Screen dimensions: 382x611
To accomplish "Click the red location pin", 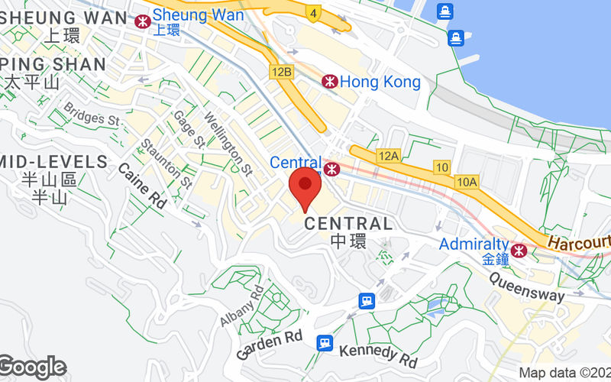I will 305,185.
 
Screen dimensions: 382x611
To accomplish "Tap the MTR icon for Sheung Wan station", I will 141,21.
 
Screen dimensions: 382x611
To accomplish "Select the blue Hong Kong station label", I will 380,81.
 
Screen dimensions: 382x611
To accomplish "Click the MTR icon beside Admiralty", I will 519,249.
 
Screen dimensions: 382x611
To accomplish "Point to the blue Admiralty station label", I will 474,244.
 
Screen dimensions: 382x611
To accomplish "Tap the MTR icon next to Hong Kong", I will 329,81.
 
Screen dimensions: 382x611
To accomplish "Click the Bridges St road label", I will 92,115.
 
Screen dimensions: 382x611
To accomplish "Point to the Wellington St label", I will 230,142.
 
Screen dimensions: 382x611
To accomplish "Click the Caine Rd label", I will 142,185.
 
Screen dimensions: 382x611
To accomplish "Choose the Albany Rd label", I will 241,306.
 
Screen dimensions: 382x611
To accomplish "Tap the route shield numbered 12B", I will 282,72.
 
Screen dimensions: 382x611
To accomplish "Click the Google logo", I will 32,367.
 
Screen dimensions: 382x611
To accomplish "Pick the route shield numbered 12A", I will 388,156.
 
